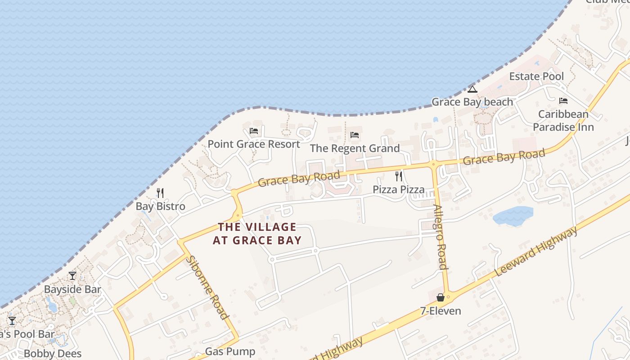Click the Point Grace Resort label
point(253,144)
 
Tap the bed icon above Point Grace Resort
point(254,131)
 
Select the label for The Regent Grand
point(355,148)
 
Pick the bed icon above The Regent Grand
point(355,135)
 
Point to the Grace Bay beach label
point(472,102)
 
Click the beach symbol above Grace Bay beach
point(472,89)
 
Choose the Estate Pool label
point(536,76)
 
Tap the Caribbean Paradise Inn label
point(563,121)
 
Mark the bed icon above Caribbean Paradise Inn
point(563,101)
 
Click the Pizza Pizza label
point(398,189)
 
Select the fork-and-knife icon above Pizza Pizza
point(398,176)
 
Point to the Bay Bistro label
point(160,207)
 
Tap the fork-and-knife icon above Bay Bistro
point(160,193)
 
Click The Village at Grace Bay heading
point(257,234)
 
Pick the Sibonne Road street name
point(207,288)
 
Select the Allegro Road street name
point(440,237)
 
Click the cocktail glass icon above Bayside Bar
point(72,276)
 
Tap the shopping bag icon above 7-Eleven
point(441,297)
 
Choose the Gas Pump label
point(230,351)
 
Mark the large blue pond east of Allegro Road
point(513,216)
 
